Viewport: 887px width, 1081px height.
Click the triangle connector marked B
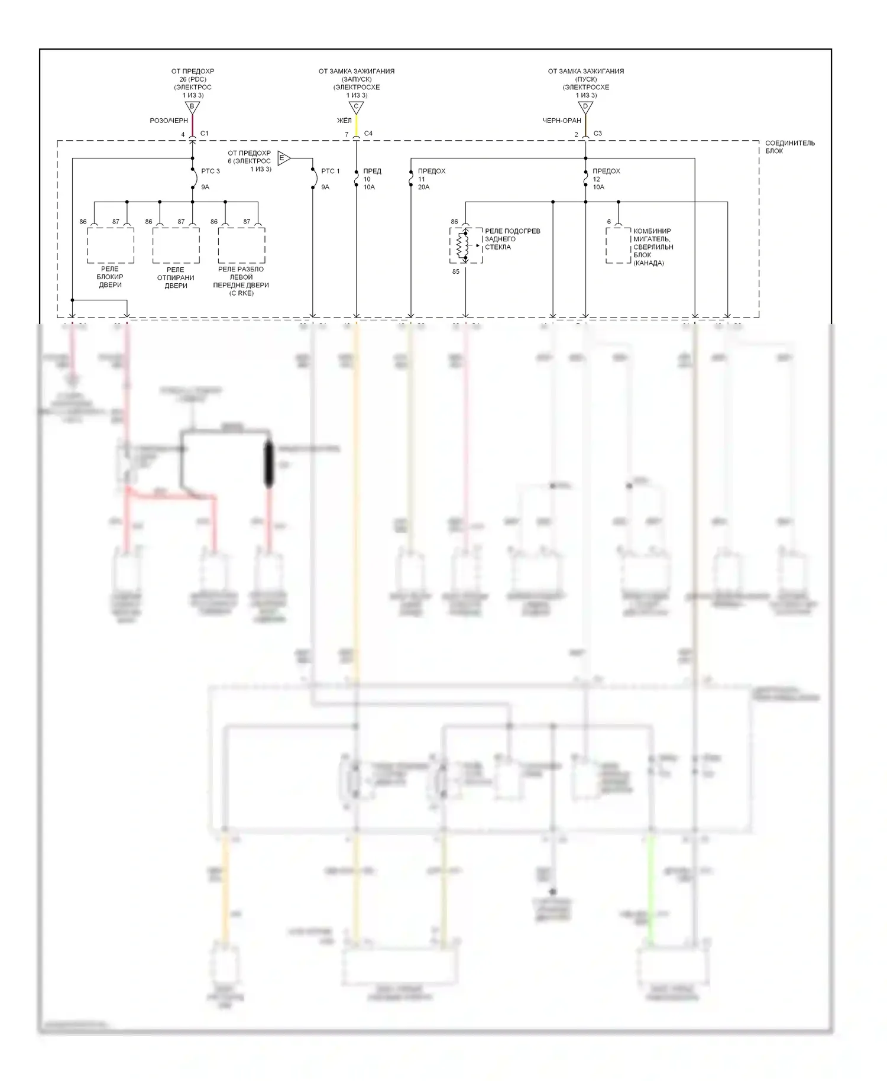(192, 107)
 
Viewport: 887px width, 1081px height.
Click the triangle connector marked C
(355, 107)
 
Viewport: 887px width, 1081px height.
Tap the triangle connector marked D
(585, 107)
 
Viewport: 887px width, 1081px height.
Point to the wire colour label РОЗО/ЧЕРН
(169, 121)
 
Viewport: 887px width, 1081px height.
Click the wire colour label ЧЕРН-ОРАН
(562, 121)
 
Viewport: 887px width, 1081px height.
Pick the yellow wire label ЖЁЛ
(344, 121)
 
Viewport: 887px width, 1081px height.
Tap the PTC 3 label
(211, 171)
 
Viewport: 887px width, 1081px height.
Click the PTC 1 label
(331, 171)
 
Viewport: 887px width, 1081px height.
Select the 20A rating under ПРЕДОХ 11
(423, 187)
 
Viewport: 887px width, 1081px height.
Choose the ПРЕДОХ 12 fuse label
(606, 171)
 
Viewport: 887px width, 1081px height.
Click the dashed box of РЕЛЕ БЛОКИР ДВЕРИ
(111, 245)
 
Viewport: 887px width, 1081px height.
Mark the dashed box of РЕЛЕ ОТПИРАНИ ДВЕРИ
(176, 245)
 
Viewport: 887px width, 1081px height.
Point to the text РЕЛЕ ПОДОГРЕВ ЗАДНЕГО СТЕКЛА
(512, 239)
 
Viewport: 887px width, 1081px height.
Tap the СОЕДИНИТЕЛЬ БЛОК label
(789, 147)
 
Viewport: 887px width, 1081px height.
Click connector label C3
(598, 134)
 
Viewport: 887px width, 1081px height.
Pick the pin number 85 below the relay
(455, 272)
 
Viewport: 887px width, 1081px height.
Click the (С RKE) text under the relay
(241, 293)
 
